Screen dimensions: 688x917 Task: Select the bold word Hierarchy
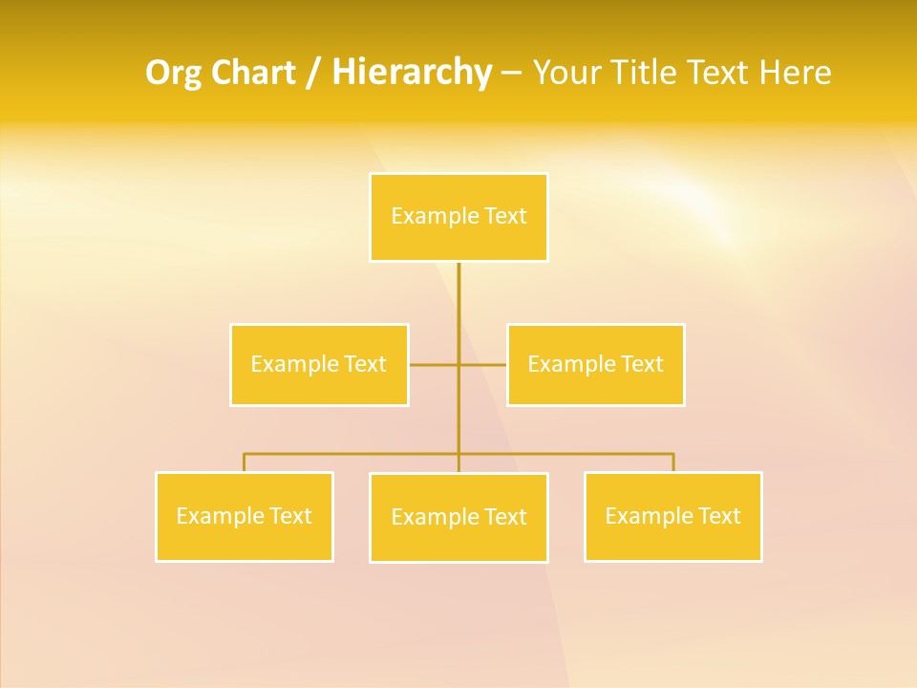point(412,74)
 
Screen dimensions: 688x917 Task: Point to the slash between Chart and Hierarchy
point(314,74)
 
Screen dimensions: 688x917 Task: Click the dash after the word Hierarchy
point(511,74)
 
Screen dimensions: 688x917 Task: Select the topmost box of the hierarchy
point(458,217)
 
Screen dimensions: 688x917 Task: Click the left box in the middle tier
point(319,364)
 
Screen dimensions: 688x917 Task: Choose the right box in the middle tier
point(595,364)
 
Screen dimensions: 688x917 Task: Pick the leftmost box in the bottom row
point(245,516)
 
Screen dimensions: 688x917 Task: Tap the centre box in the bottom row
point(458,517)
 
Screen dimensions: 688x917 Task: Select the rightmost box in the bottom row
point(672,516)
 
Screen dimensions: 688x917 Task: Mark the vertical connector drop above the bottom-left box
point(245,462)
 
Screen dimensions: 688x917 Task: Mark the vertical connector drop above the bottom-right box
point(672,462)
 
